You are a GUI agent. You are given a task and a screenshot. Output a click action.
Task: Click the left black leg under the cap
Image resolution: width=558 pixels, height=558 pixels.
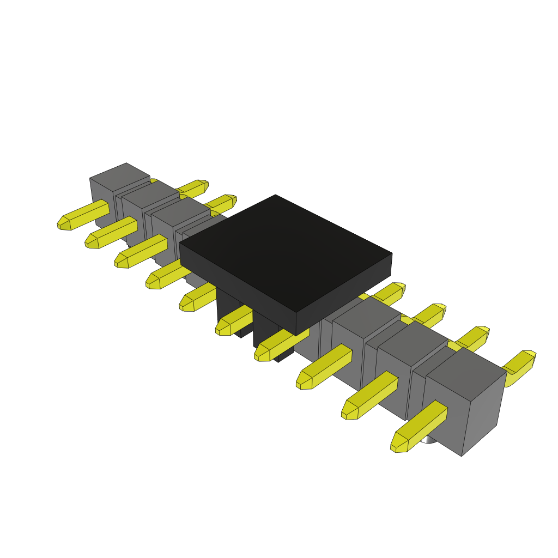coord(229,308)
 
